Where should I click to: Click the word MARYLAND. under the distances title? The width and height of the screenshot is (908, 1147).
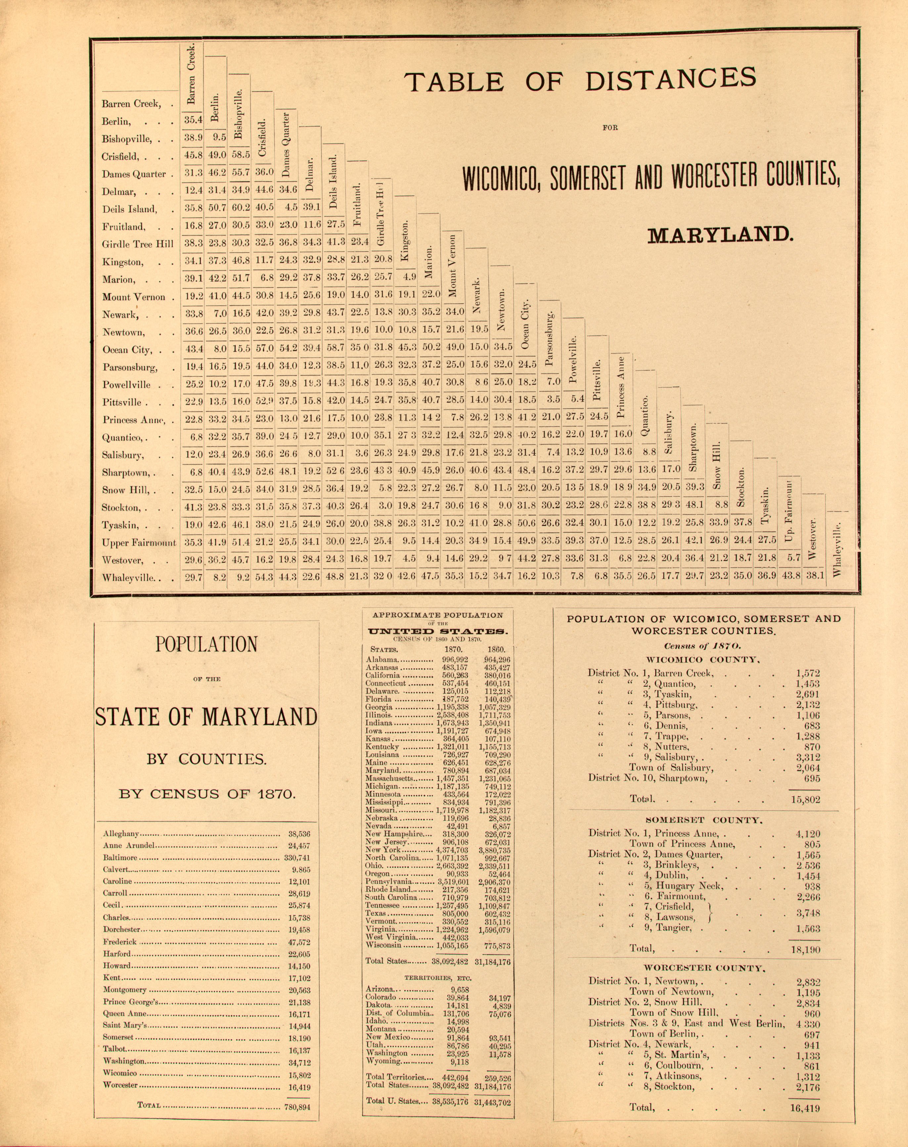(720, 235)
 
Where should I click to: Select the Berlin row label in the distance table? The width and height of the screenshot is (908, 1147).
(116, 121)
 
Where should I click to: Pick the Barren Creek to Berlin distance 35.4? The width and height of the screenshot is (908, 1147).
(193, 120)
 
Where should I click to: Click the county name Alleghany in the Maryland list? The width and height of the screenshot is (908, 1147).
(121, 834)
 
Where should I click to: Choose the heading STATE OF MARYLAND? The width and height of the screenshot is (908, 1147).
(206, 717)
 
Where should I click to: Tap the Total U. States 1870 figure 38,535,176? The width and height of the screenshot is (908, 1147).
(450, 1101)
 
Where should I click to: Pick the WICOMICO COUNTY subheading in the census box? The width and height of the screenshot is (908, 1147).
(703, 660)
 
